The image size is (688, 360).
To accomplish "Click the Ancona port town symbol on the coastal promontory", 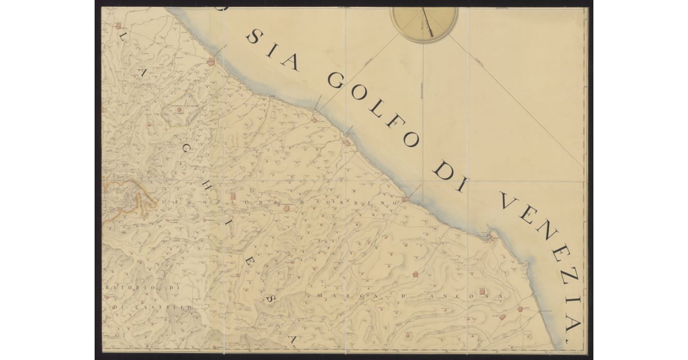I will tap(490, 236).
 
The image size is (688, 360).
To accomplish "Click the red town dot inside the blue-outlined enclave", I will tap(179, 109).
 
